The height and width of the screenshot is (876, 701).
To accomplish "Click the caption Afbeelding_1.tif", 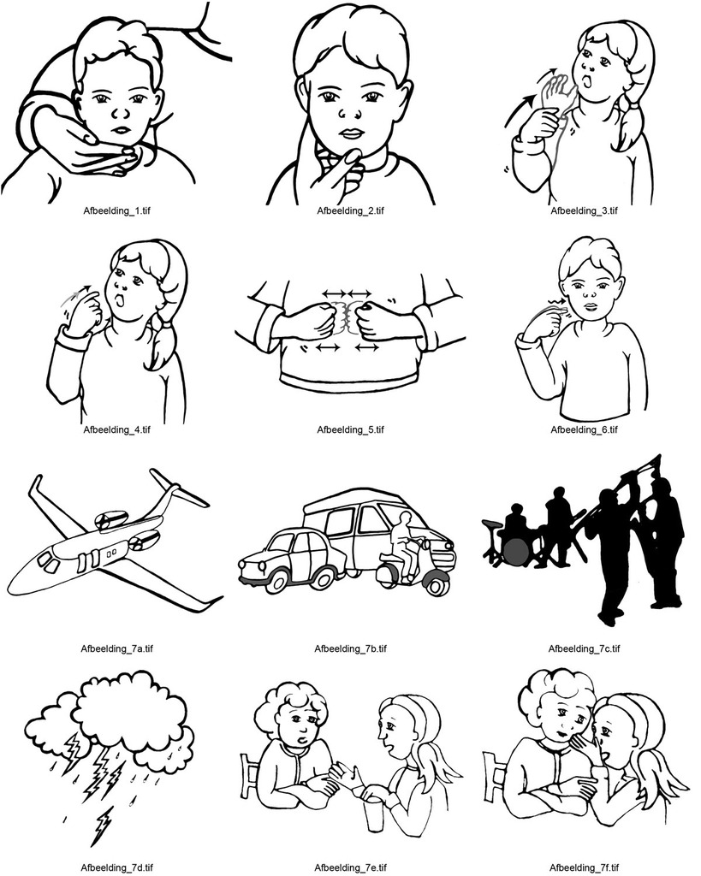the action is [116, 210].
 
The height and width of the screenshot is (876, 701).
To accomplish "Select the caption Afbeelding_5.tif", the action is [351, 429].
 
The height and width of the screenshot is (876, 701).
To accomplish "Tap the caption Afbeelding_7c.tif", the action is [584, 648].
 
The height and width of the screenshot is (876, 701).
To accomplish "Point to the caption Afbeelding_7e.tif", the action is [351, 867].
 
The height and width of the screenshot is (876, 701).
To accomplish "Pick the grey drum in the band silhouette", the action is [515, 552].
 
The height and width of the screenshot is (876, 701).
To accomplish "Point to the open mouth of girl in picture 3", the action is [587, 83].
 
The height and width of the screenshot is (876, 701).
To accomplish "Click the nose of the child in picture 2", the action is [348, 113].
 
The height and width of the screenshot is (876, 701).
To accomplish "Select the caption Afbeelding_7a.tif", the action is [116, 648].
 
